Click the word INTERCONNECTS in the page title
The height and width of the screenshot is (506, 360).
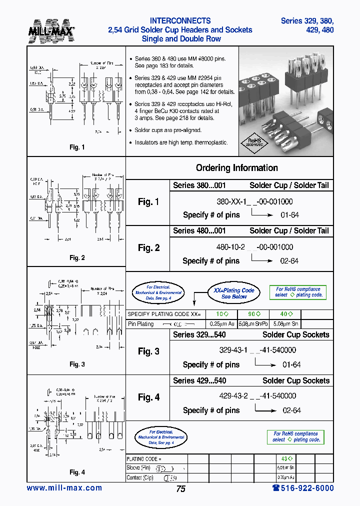180,21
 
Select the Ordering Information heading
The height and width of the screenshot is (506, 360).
236,168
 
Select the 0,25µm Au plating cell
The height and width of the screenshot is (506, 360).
218,324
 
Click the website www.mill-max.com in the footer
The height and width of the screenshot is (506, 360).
64,488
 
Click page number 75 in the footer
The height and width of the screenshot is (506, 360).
180,489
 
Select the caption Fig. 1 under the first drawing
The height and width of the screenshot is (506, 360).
77,147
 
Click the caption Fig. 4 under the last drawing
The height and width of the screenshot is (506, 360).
77,472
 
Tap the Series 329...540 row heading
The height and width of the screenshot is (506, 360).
199,335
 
